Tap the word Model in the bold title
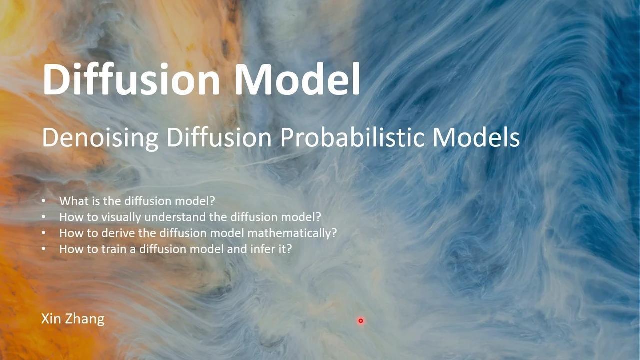pyautogui.click(x=297, y=79)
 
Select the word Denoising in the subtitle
pyautogui.click(x=100, y=137)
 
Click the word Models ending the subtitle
pyautogui.click(x=476, y=137)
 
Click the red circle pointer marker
pyautogui.click(x=360, y=321)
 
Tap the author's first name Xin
pyautogui.click(x=51, y=319)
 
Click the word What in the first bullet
pyautogui.click(x=72, y=201)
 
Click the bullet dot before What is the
pyautogui.click(x=44, y=201)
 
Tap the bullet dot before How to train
pyautogui.click(x=44, y=249)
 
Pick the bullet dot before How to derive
pyautogui.click(x=44, y=233)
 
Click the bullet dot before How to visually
pyautogui.click(x=44, y=217)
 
